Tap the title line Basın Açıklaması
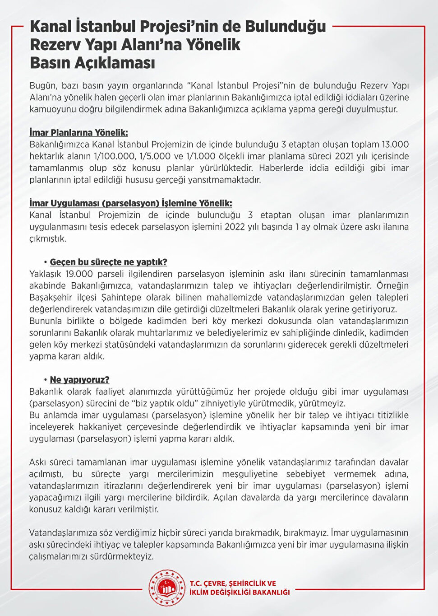pyautogui.click(x=92, y=63)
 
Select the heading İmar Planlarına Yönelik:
pyautogui.click(x=78, y=133)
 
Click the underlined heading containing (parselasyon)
pyautogui.click(x=131, y=203)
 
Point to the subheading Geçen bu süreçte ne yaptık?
pyautogui.click(x=108, y=262)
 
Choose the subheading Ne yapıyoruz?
pyautogui.click(x=79, y=380)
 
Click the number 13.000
pyautogui.click(x=395, y=145)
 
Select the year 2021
pyautogui.click(x=344, y=156)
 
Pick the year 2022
pyautogui.click(x=235, y=227)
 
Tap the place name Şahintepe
pyautogui.click(x=123, y=297)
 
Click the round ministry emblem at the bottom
pyautogui.click(x=167, y=588)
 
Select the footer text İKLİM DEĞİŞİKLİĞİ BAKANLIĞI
pyautogui.click(x=240, y=593)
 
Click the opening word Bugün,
pyautogui.click(x=43, y=86)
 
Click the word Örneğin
pyautogui.click(x=392, y=285)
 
